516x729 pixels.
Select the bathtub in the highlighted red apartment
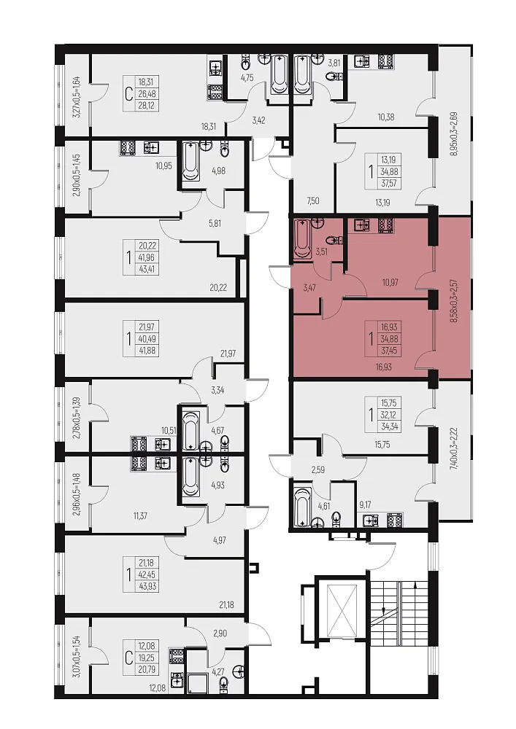(302, 239)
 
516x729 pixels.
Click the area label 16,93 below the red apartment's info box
(383, 367)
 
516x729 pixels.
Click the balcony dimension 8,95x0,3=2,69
(454, 133)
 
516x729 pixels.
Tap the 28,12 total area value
(146, 106)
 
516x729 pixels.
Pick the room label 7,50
(312, 200)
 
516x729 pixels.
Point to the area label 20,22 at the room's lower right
(218, 287)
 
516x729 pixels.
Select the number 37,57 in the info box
(389, 183)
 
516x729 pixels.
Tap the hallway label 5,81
(215, 223)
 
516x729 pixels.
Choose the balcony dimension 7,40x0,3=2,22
(454, 455)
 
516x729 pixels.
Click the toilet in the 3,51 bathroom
(334, 241)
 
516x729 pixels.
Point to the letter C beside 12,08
(128, 658)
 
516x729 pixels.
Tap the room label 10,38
(385, 117)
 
